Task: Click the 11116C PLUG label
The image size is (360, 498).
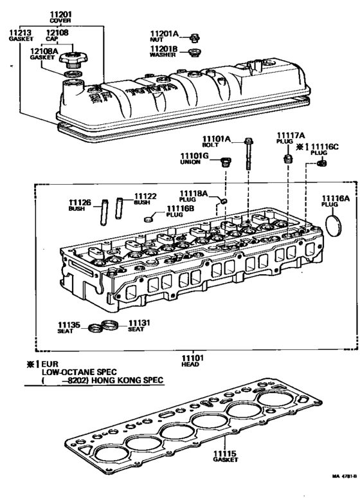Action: tap(323, 150)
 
